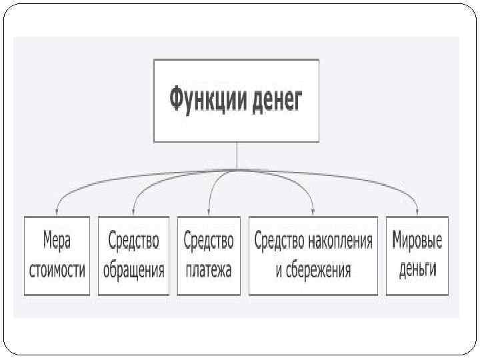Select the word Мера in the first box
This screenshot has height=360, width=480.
tap(57, 240)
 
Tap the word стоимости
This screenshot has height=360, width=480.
tap(57, 270)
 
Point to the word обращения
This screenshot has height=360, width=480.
tap(133, 271)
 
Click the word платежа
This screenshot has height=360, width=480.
tap(209, 271)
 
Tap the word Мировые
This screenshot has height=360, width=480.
tap(417, 240)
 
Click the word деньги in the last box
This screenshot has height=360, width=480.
tap(417, 271)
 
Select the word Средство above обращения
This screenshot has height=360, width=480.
tap(133, 240)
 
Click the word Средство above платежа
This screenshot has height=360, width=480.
tap(209, 240)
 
